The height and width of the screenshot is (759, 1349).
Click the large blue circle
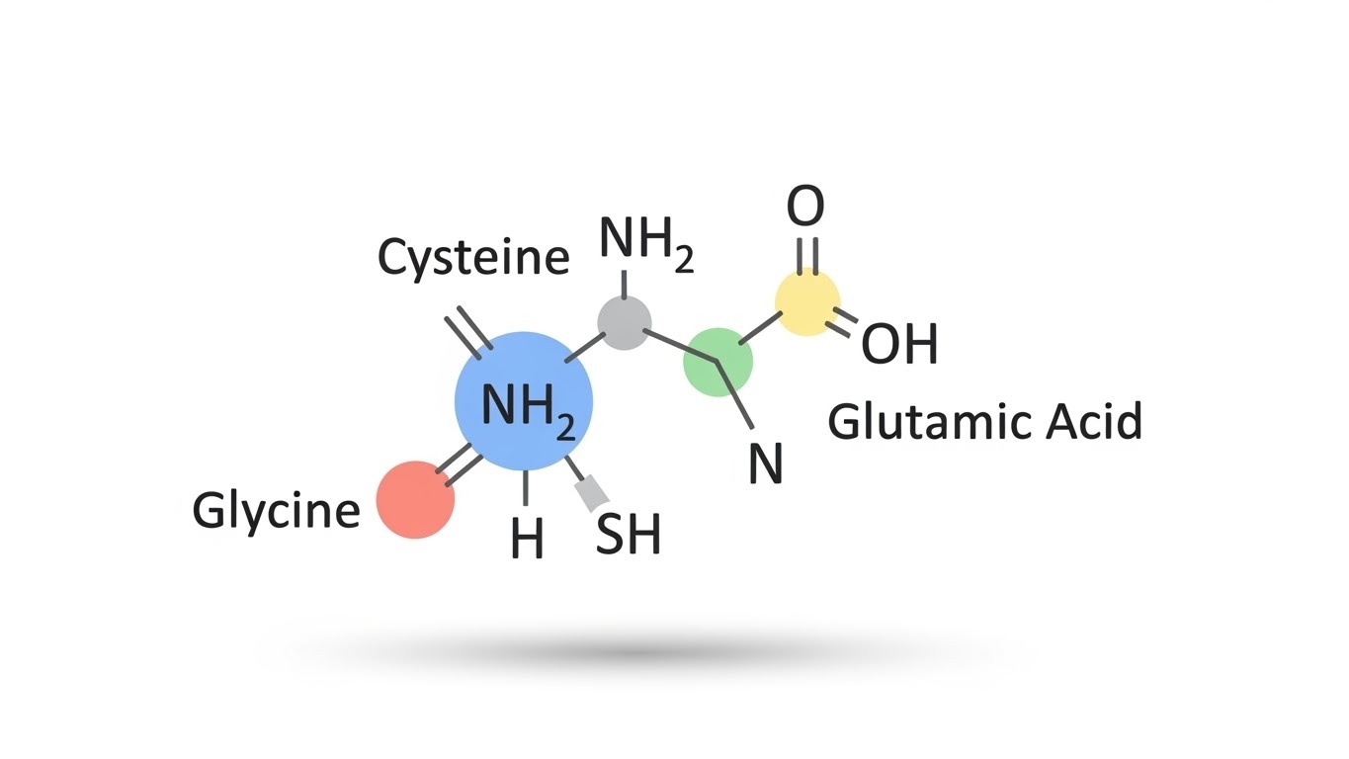(524, 400)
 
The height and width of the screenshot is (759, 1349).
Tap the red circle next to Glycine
(416, 500)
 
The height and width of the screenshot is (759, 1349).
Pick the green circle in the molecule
(718, 363)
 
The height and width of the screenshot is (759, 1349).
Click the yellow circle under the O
(807, 301)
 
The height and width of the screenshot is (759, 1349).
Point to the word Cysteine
(473, 259)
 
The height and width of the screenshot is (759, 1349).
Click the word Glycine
(276, 511)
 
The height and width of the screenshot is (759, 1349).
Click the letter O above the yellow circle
(805, 208)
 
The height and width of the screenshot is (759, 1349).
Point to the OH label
(899, 345)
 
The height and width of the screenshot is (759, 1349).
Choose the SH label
(629, 535)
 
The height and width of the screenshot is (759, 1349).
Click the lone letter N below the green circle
(765, 463)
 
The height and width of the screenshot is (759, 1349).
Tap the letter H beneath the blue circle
(528, 540)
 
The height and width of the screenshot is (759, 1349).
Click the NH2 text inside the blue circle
(528, 407)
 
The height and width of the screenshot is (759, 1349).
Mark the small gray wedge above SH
(591, 492)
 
